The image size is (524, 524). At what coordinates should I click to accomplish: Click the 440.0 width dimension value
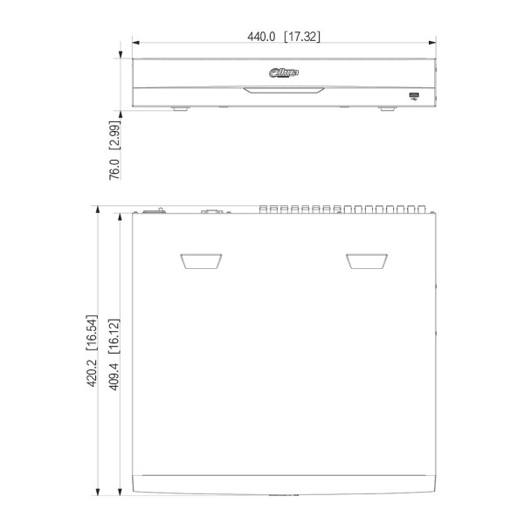(261, 37)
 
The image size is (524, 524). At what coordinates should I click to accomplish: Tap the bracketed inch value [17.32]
(302, 37)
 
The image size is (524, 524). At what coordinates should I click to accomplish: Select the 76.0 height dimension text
(114, 169)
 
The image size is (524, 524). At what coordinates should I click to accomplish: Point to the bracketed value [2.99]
(114, 135)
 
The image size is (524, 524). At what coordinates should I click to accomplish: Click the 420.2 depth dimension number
(92, 373)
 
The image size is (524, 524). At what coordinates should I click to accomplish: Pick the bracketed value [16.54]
(92, 333)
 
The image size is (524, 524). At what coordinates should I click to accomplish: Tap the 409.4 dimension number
(114, 376)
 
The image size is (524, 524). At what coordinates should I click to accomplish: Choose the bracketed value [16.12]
(114, 336)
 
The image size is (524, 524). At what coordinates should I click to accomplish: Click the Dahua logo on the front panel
(284, 72)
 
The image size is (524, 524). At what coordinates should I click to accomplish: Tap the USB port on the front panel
(414, 97)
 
